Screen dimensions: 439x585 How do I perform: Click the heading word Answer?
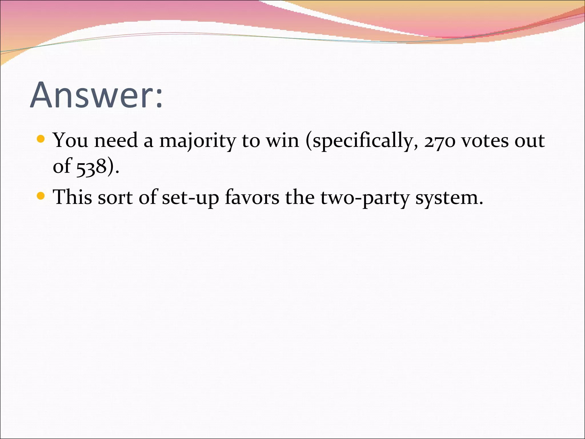96,95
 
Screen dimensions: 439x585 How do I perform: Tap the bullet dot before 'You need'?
41,139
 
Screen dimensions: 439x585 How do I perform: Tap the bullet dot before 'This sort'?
41,196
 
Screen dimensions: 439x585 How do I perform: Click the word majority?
197,141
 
